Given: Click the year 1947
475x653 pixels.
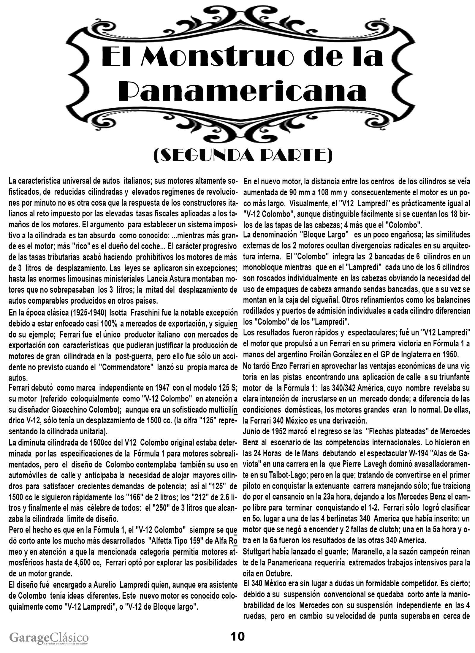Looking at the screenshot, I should coord(162,388).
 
